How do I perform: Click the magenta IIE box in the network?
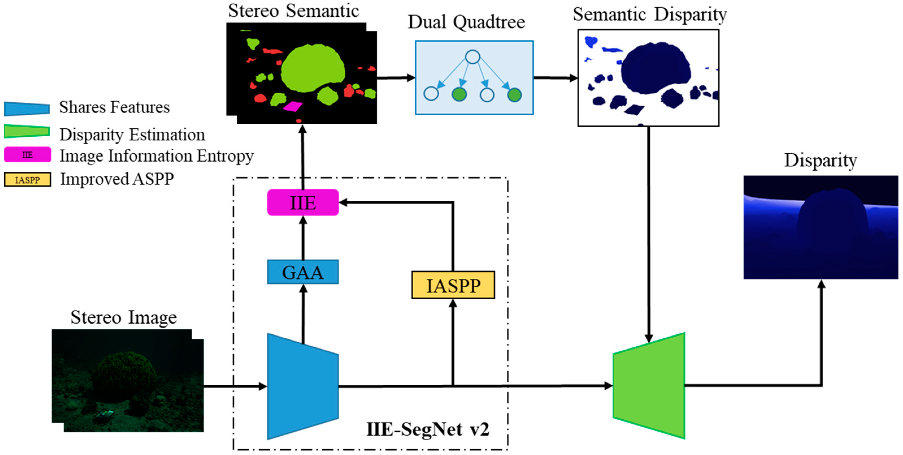tap(303, 202)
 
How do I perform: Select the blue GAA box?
tap(303, 272)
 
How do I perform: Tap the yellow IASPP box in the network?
tap(453, 285)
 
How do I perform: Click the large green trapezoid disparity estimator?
tap(649, 386)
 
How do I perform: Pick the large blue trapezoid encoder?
tap(303, 386)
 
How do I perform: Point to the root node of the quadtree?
tap(473, 57)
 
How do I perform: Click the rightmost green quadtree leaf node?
tap(514, 95)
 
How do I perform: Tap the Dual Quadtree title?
tap(466, 22)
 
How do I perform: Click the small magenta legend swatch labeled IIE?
tap(27, 155)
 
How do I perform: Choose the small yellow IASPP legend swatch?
tap(27, 180)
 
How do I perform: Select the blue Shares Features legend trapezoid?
tap(27, 109)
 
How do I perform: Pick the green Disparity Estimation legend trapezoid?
tap(27, 131)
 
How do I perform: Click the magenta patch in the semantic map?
tap(293, 106)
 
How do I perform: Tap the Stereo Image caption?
tap(123, 317)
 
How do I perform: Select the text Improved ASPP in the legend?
tap(117, 179)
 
